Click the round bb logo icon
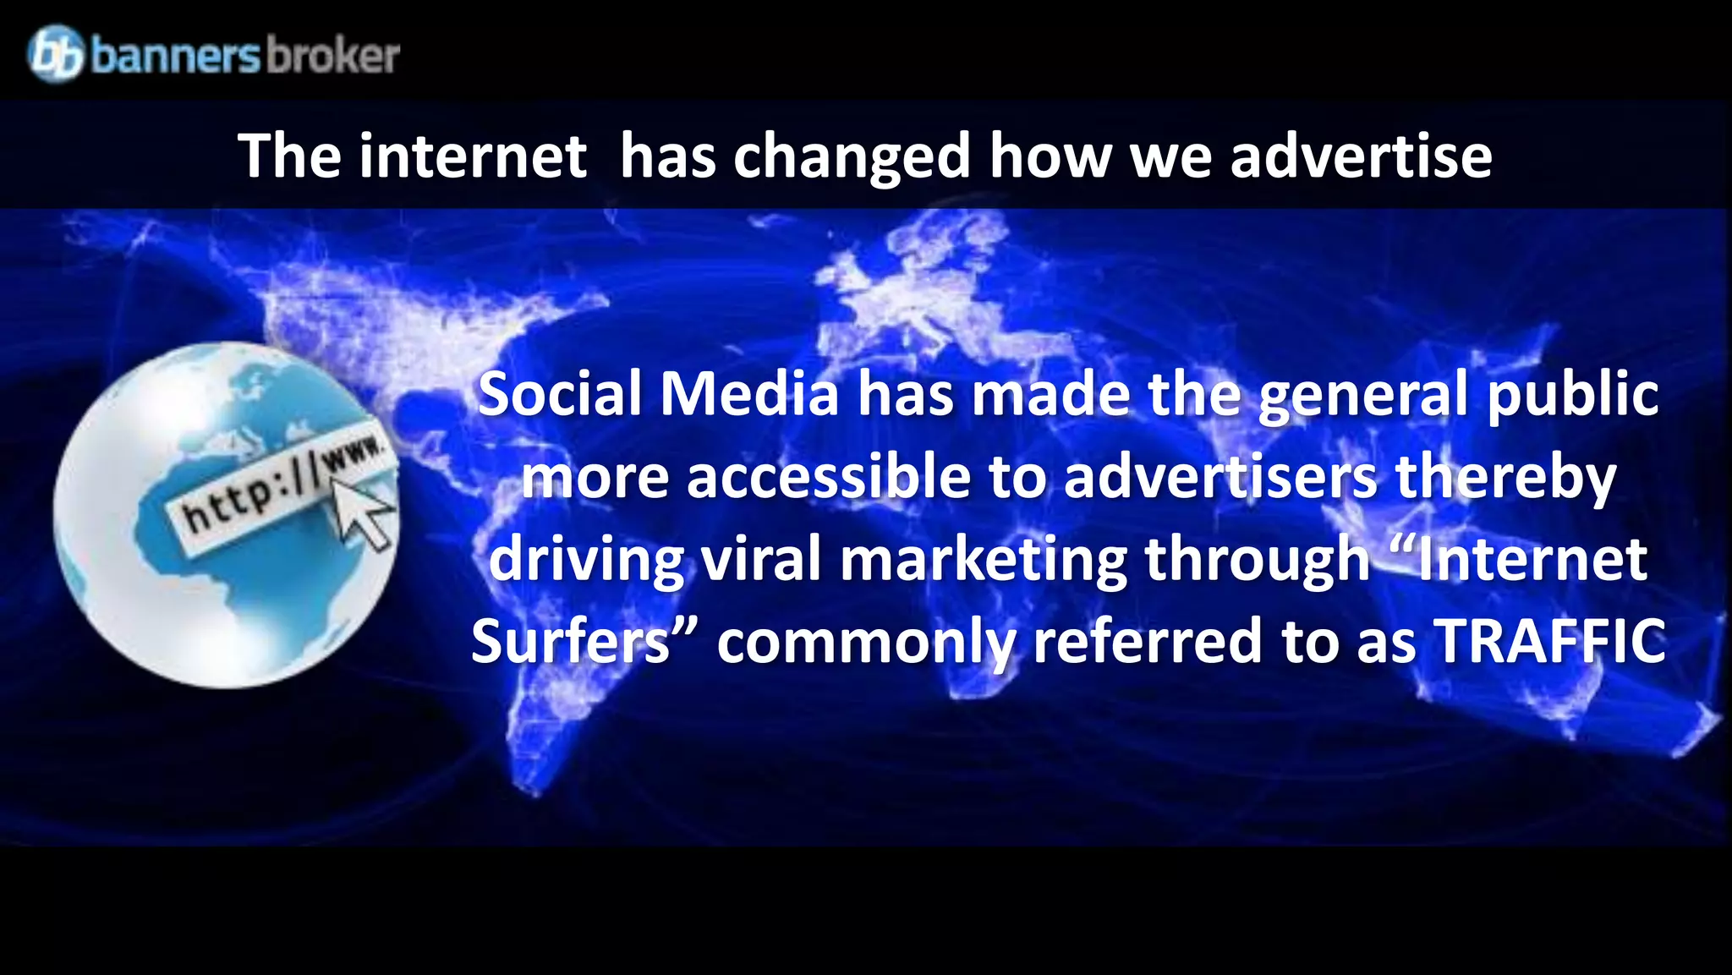[x=56, y=53]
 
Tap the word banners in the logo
[x=175, y=56]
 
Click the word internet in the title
[x=472, y=156]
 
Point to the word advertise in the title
[x=1361, y=156]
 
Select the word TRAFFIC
[x=1551, y=642]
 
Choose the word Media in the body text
[x=748, y=394]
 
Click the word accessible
[x=829, y=477]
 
